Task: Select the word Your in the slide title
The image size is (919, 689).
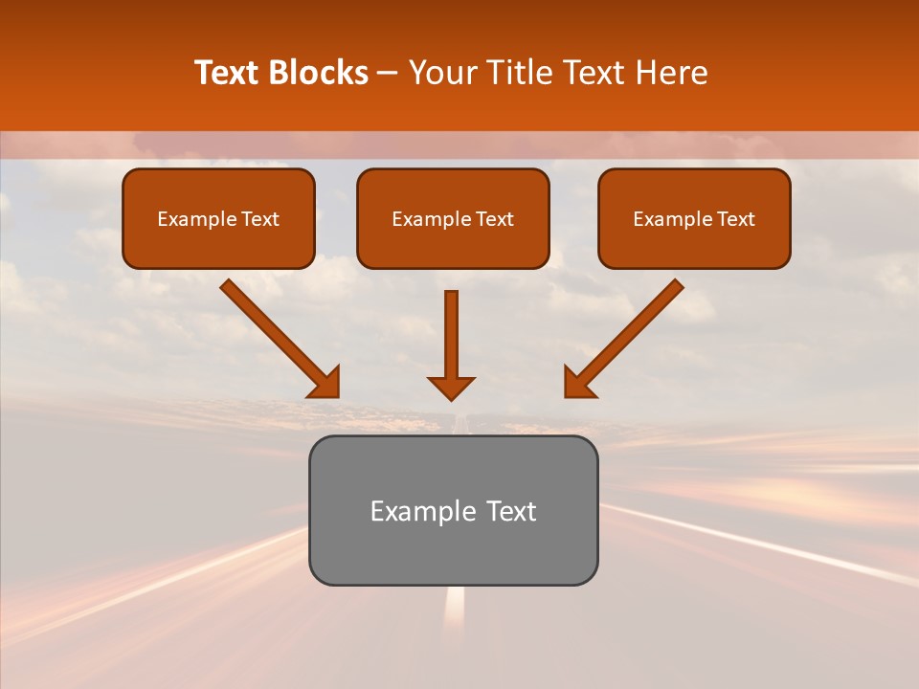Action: tap(440, 73)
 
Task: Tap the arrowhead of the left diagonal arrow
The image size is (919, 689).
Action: tap(325, 383)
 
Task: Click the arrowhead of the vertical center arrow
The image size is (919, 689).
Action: tap(451, 388)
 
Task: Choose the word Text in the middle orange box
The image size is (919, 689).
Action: tap(494, 219)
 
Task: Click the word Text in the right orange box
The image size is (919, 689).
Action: tap(735, 219)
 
